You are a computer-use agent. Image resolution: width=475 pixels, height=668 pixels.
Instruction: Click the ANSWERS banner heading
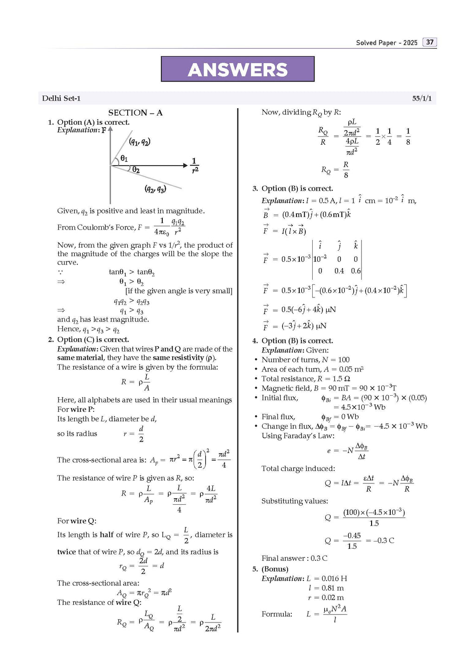(x=237, y=70)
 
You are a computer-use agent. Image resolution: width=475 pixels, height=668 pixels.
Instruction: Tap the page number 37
(x=430, y=42)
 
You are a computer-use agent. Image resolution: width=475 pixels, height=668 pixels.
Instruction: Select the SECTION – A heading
(x=135, y=113)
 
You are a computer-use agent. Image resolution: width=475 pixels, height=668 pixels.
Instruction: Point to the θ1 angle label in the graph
(x=124, y=159)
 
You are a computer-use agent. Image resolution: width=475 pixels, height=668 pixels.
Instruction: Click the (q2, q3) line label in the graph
(x=155, y=189)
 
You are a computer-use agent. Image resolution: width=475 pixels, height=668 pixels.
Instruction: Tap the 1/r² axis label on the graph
(x=194, y=165)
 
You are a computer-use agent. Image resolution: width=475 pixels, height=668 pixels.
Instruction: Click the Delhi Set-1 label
(x=61, y=98)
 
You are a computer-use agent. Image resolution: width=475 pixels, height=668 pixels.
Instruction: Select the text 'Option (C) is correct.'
(x=93, y=340)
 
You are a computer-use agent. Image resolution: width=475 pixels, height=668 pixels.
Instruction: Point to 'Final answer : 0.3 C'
(x=294, y=558)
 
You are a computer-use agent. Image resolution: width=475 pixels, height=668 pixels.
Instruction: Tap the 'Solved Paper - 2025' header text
(x=386, y=43)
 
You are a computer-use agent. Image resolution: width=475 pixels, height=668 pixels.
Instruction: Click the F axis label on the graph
(x=104, y=130)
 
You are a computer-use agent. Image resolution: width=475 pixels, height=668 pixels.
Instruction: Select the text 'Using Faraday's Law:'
(x=297, y=436)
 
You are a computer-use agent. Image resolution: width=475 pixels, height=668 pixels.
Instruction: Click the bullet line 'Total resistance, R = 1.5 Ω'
(x=305, y=379)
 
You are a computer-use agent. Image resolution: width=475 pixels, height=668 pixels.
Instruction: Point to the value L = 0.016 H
(x=327, y=578)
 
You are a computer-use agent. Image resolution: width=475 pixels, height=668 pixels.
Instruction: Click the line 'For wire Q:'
(x=77, y=521)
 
